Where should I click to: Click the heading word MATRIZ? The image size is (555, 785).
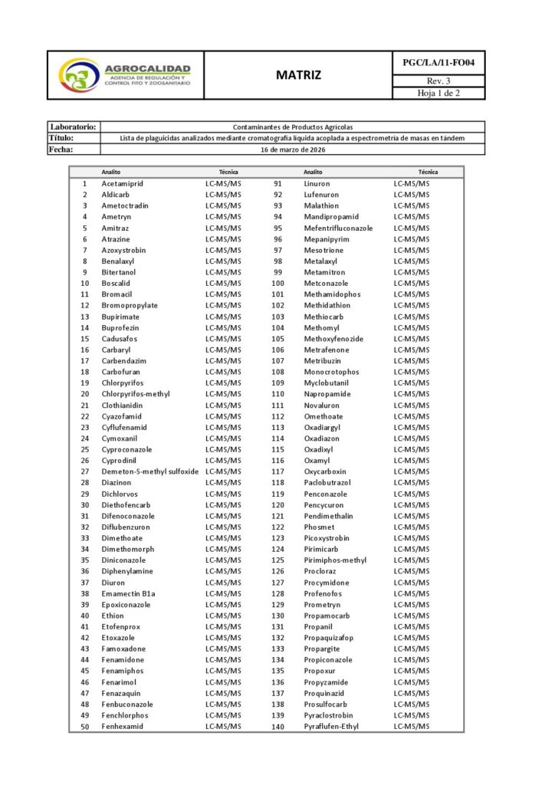pyautogui.click(x=298, y=75)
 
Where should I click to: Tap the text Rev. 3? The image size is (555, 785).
pyautogui.click(x=438, y=81)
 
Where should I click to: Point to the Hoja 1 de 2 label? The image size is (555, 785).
pyautogui.click(x=438, y=94)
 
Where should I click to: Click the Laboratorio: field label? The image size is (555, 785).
pyautogui.click(x=73, y=126)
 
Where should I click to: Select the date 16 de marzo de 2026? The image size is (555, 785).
pyautogui.click(x=293, y=149)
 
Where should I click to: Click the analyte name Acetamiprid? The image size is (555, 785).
pyautogui.click(x=123, y=184)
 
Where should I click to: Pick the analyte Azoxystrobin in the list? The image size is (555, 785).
pyautogui.click(x=124, y=251)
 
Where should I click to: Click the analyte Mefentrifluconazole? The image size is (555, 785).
pyautogui.click(x=338, y=228)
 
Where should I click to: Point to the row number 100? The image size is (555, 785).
pyautogui.click(x=277, y=284)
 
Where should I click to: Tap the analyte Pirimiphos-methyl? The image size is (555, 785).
pyautogui.click(x=335, y=560)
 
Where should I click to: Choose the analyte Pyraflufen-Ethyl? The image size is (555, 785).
pyautogui.click(x=331, y=727)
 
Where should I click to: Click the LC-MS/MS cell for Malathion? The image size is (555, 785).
pyautogui.click(x=412, y=206)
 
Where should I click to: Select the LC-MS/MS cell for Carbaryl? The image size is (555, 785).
pyautogui.click(x=223, y=350)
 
